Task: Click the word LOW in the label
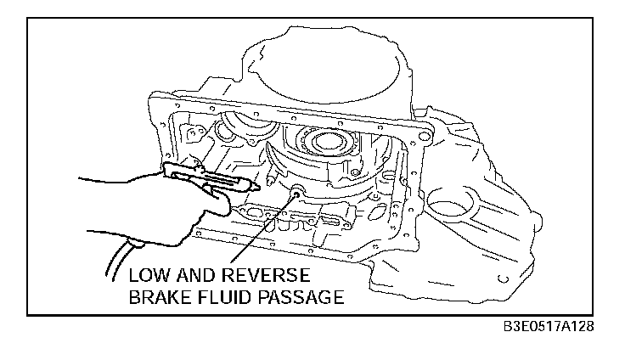point(150,277)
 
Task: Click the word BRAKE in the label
point(159,297)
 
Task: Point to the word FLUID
point(224,297)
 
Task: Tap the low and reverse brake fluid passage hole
point(297,194)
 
